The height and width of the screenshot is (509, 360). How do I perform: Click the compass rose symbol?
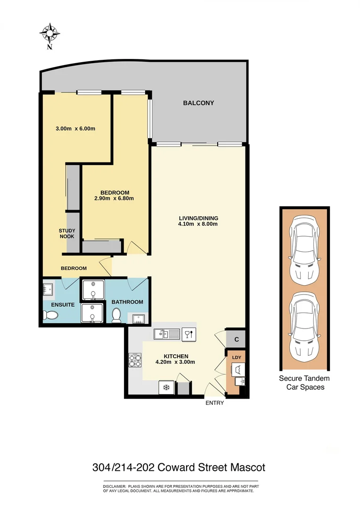(x=49, y=33)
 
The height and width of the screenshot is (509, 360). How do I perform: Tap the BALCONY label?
(x=198, y=103)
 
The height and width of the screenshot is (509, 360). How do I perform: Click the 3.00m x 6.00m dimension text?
(x=76, y=128)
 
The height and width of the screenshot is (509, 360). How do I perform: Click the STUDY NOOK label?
(x=66, y=233)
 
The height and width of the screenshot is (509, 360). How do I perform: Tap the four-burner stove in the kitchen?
(x=135, y=361)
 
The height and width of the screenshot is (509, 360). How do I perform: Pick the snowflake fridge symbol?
(x=166, y=387)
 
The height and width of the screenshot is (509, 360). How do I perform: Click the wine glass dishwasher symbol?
(x=188, y=334)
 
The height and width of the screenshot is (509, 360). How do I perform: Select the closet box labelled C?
(x=236, y=339)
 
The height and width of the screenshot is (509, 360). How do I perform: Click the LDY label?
(x=237, y=358)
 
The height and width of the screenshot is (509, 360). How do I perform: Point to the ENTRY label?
(x=214, y=403)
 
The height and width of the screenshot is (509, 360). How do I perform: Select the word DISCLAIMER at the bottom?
(x=115, y=486)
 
